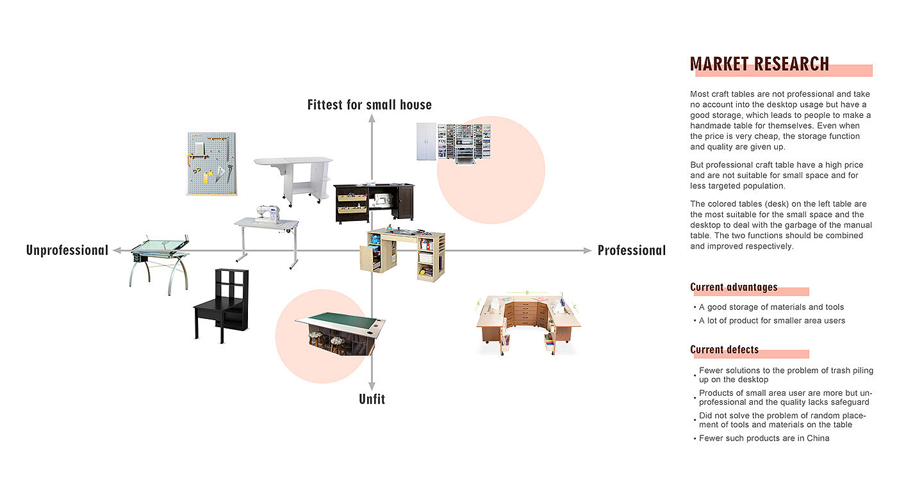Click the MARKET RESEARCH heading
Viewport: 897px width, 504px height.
[x=759, y=64]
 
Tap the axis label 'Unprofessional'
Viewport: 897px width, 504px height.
[x=67, y=250]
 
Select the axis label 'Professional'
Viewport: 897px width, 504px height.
[x=631, y=250]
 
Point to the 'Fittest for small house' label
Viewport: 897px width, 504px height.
[x=370, y=104]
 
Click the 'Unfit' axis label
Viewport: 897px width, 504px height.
[x=372, y=399]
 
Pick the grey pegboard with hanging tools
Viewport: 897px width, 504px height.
[x=211, y=163]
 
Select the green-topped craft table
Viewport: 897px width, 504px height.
[x=340, y=332]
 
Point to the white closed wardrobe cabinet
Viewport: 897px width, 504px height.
[x=425, y=141]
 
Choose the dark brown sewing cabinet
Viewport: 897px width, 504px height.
[x=374, y=201]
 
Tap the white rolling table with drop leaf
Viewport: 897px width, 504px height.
[x=293, y=178]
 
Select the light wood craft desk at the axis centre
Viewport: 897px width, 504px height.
[x=402, y=252]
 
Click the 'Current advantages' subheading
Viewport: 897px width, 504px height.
[x=734, y=287]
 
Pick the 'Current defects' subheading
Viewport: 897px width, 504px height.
[x=724, y=350]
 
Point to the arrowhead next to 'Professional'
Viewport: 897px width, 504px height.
[x=587, y=250]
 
